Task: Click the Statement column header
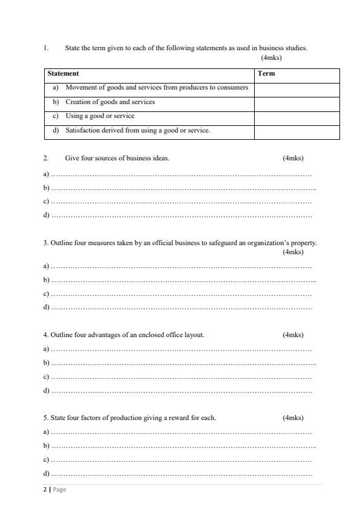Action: click(x=63, y=74)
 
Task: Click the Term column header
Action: click(x=266, y=74)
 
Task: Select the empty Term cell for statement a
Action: click(x=296, y=88)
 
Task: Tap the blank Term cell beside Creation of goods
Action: click(x=296, y=102)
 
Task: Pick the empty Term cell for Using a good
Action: click(x=296, y=116)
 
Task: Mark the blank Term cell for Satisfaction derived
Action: click(x=296, y=131)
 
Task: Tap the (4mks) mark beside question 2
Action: click(x=293, y=159)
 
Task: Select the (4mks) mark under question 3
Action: click(x=293, y=252)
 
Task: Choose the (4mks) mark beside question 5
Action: click(x=293, y=418)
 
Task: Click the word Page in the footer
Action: click(x=59, y=490)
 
